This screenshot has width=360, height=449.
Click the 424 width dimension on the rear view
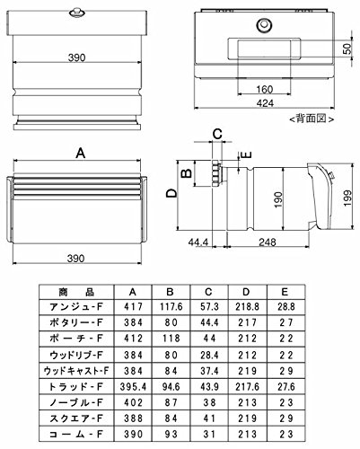point(265,103)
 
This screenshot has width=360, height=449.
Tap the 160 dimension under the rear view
point(265,89)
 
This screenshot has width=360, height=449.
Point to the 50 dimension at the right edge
point(347,48)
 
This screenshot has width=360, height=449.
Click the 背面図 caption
point(312,119)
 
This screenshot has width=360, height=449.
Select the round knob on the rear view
point(264,25)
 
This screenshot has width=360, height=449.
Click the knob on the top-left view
point(77,13)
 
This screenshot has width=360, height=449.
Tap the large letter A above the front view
point(81,154)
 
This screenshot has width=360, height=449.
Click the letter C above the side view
point(217,134)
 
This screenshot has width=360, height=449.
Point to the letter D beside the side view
point(171,194)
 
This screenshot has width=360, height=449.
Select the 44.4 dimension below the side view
point(198,242)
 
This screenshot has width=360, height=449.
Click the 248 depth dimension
point(268,242)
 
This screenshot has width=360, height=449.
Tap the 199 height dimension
point(347,198)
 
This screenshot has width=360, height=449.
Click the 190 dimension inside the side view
point(278,199)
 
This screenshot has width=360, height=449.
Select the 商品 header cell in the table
point(76,292)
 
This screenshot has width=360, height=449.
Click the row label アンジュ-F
point(76,307)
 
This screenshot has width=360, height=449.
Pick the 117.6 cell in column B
point(171,307)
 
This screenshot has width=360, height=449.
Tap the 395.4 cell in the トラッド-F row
point(133,387)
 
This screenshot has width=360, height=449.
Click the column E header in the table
point(285,292)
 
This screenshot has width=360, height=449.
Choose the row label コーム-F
point(76,434)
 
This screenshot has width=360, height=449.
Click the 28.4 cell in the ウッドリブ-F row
point(209,355)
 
